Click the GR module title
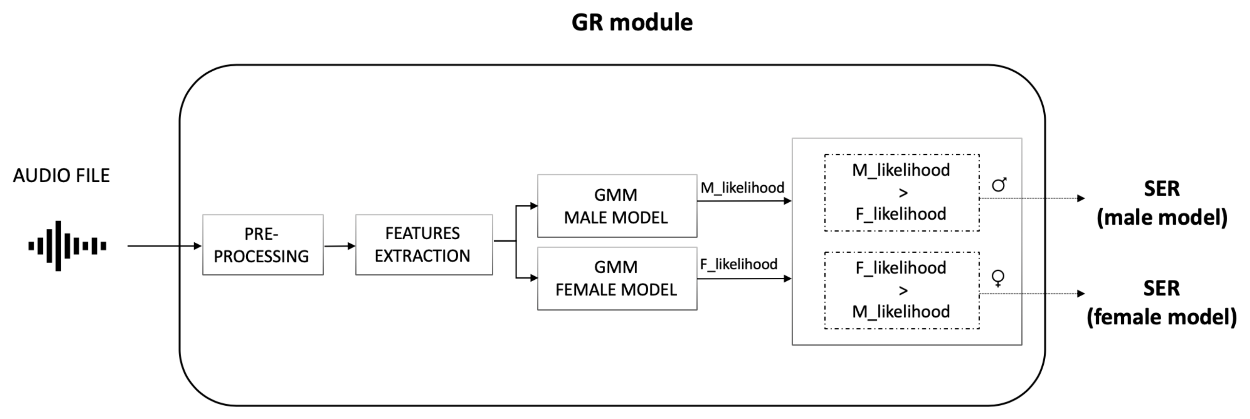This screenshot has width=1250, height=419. [632, 23]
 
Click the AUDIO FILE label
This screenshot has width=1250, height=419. [61, 176]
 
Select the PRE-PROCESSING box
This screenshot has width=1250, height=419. [263, 245]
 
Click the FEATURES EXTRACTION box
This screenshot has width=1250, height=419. [423, 245]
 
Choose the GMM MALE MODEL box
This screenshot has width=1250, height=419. [617, 206]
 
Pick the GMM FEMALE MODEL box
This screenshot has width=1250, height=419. [617, 278]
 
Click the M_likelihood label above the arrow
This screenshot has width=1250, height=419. [742, 188]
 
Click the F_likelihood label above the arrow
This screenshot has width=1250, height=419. [739, 264]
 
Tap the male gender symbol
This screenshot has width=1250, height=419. [999, 184]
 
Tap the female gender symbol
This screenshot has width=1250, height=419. [998, 278]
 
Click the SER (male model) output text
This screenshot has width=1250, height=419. [1162, 203]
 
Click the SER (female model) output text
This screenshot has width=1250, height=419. [1161, 303]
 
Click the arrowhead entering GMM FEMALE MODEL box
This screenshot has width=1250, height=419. [534, 278]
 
